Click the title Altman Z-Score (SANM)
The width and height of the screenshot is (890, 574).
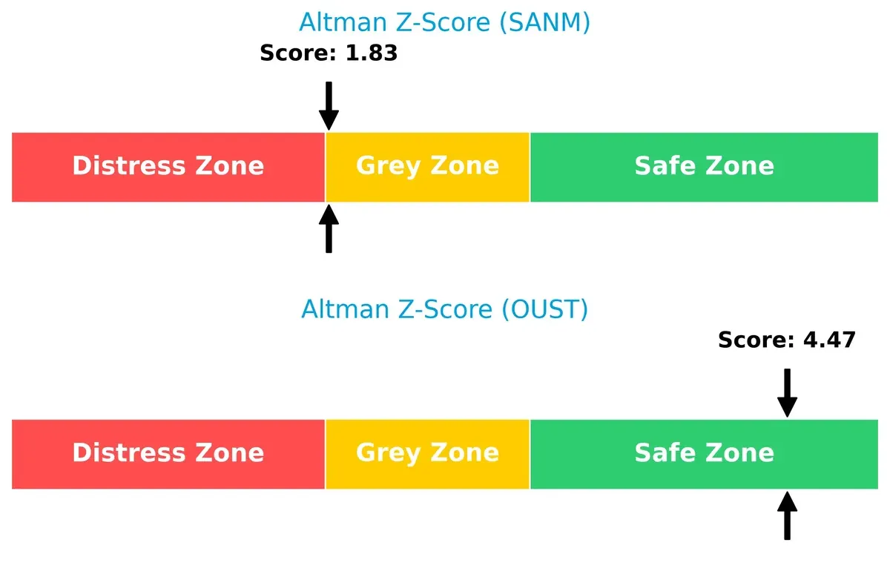pyautogui.click(x=444, y=22)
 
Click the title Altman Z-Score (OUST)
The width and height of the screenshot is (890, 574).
pyautogui.click(x=444, y=309)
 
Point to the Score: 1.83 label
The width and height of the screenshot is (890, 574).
pyautogui.click(x=329, y=53)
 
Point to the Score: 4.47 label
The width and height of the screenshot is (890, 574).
pyautogui.click(x=786, y=340)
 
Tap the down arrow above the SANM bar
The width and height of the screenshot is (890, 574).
pyautogui.click(x=329, y=106)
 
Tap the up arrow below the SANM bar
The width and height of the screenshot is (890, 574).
pyautogui.click(x=329, y=229)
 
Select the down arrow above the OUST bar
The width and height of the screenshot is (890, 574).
pyautogui.click(x=787, y=393)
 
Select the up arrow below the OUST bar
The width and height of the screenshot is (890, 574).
pyautogui.click(x=787, y=516)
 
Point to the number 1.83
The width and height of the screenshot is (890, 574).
pyautogui.click(x=372, y=53)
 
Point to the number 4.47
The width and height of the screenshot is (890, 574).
pyautogui.click(x=829, y=340)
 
